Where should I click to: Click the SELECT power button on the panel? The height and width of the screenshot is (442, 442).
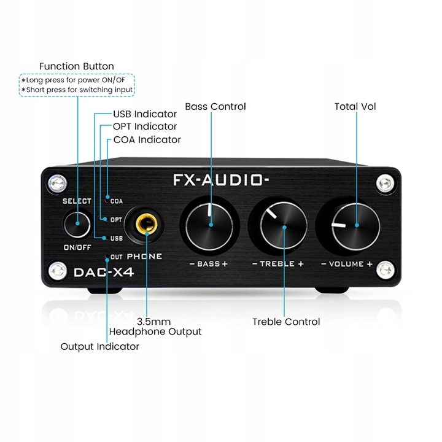pyautogui.click(x=77, y=223)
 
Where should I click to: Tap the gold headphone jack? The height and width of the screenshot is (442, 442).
pyautogui.click(x=147, y=223)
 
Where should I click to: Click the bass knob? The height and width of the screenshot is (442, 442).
pyautogui.click(x=209, y=227)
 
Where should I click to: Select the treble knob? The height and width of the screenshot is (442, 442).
pyautogui.click(x=283, y=227)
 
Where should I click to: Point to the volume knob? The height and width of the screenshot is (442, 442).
pyautogui.click(x=355, y=227)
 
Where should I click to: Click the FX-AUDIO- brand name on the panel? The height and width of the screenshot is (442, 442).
pyautogui.click(x=221, y=180)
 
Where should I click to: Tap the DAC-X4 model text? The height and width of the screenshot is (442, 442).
pyautogui.click(x=104, y=273)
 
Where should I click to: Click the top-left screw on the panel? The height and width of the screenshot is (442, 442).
pyautogui.click(x=58, y=184)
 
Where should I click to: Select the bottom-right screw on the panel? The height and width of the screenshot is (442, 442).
pyautogui.click(x=386, y=269)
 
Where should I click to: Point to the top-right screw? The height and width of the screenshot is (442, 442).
pyautogui.click(x=385, y=183)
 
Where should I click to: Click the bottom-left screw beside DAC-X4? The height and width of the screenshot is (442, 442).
pyautogui.click(x=58, y=271)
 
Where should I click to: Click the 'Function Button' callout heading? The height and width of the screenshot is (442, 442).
pyautogui.click(x=77, y=66)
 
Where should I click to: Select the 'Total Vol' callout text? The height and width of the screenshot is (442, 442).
pyautogui.click(x=355, y=107)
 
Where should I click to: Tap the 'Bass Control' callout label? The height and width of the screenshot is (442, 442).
pyautogui.click(x=215, y=107)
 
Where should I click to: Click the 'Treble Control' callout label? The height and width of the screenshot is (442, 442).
pyautogui.click(x=286, y=322)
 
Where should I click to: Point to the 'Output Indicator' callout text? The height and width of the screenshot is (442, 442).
pyautogui.click(x=100, y=346)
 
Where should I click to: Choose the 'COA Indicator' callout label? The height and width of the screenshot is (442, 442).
pyautogui.click(x=147, y=139)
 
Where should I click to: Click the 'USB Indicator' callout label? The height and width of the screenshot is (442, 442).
pyautogui.click(x=145, y=114)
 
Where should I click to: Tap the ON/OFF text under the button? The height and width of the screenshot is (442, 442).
pyautogui.click(x=77, y=247)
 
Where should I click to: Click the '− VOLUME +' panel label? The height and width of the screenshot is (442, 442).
pyautogui.click(x=347, y=264)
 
